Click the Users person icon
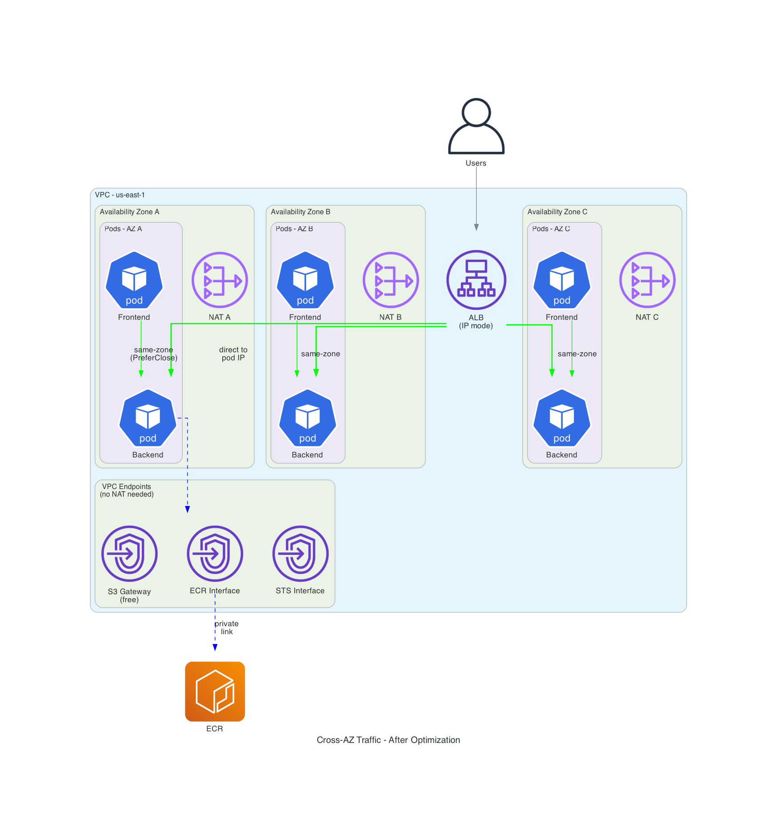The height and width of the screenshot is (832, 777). [476, 126]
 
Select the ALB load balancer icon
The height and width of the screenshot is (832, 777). [476, 280]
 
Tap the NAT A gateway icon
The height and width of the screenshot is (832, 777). [219, 280]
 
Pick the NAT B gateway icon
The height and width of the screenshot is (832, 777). [390, 280]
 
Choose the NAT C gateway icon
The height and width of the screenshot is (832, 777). [647, 280]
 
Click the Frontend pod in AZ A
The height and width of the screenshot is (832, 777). [134, 281]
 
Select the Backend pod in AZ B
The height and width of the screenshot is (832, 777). [307, 418]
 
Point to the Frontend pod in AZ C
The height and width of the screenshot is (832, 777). [562, 281]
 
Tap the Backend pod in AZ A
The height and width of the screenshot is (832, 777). [148, 418]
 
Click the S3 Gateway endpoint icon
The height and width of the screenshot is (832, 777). [129, 554]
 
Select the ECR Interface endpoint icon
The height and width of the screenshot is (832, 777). [215, 554]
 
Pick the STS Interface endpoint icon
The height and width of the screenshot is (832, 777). [300, 554]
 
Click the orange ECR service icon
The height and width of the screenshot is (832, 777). [215, 691]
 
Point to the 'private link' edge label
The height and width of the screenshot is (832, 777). [227, 628]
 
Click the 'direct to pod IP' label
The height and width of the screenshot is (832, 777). [233, 354]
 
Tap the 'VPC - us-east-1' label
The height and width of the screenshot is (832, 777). [120, 195]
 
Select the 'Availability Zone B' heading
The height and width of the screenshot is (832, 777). [300, 212]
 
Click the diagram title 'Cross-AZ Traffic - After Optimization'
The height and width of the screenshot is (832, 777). [388, 740]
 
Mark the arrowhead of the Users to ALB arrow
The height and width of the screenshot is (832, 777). [476, 227]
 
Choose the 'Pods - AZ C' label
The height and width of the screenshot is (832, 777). [551, 229]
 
